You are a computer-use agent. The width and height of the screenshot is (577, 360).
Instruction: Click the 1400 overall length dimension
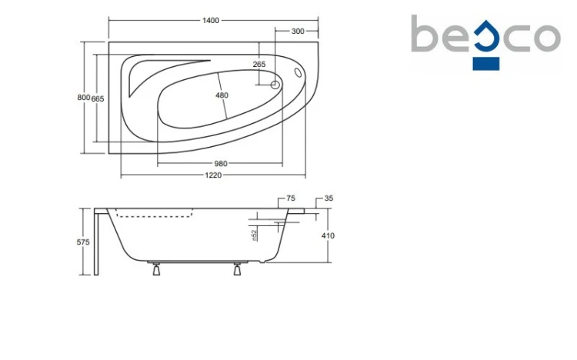point(211,21)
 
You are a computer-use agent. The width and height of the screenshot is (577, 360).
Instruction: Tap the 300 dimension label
point(298,32)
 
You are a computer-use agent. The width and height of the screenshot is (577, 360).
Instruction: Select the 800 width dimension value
point(84,98)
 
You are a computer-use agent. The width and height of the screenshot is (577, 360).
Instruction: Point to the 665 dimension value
point(98,98)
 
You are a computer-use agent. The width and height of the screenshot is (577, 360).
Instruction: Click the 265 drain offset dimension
point(259,64)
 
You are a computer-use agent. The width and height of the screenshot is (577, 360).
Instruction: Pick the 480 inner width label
point(222,95)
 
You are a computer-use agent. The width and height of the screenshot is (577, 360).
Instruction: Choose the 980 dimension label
point(221,163)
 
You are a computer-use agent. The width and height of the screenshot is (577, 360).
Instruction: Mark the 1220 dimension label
point(213,175)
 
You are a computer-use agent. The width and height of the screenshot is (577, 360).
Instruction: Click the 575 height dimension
point(83,242)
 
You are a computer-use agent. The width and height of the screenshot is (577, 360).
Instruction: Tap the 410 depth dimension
point(328,235)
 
